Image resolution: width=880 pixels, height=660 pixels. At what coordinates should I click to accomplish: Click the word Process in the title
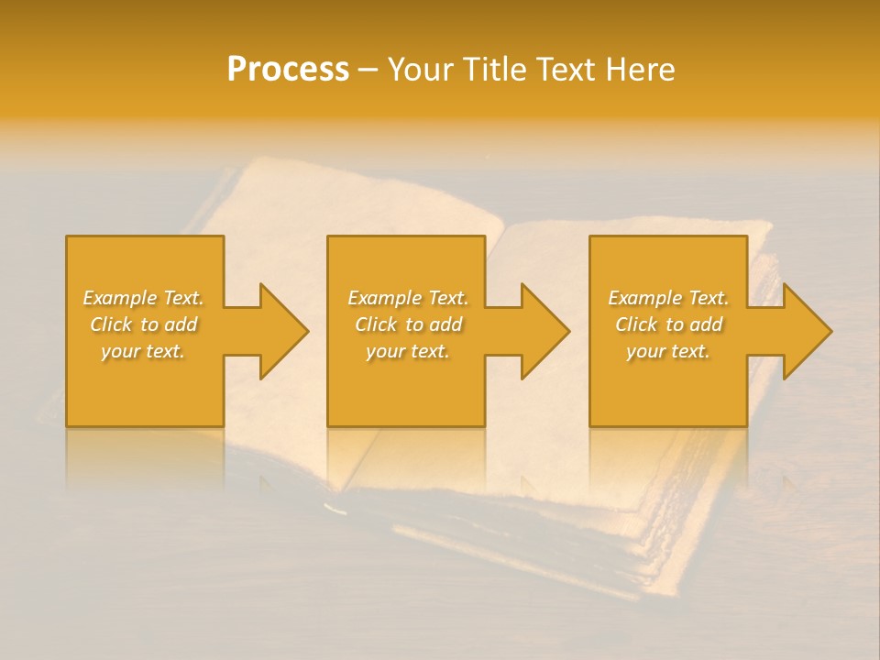[288, 70]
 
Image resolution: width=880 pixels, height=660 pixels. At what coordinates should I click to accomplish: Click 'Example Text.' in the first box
[143, 298]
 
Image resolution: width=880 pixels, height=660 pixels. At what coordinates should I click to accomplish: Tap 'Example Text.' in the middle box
[407, 298]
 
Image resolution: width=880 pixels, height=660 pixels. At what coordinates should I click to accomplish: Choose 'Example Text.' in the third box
[668, 298]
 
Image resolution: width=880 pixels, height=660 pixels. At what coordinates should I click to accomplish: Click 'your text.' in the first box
[143, 351]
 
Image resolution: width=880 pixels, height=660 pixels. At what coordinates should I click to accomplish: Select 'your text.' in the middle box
[407, 351]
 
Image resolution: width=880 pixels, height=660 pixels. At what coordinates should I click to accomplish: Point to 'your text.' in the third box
[668, 351]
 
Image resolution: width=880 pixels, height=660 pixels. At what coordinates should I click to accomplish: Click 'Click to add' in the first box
[143, 324]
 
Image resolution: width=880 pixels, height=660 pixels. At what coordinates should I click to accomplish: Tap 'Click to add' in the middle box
[407, 324]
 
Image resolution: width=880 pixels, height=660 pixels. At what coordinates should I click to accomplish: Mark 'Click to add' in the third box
[668, 324]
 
